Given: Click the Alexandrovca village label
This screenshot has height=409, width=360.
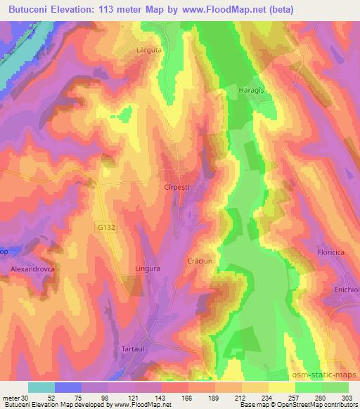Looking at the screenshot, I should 32,269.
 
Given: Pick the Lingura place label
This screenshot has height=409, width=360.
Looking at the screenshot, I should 148,268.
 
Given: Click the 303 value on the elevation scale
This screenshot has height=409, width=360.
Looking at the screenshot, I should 348,396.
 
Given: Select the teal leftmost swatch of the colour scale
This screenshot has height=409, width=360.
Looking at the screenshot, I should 41,387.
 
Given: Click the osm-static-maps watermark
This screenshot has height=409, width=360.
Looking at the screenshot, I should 327,375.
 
